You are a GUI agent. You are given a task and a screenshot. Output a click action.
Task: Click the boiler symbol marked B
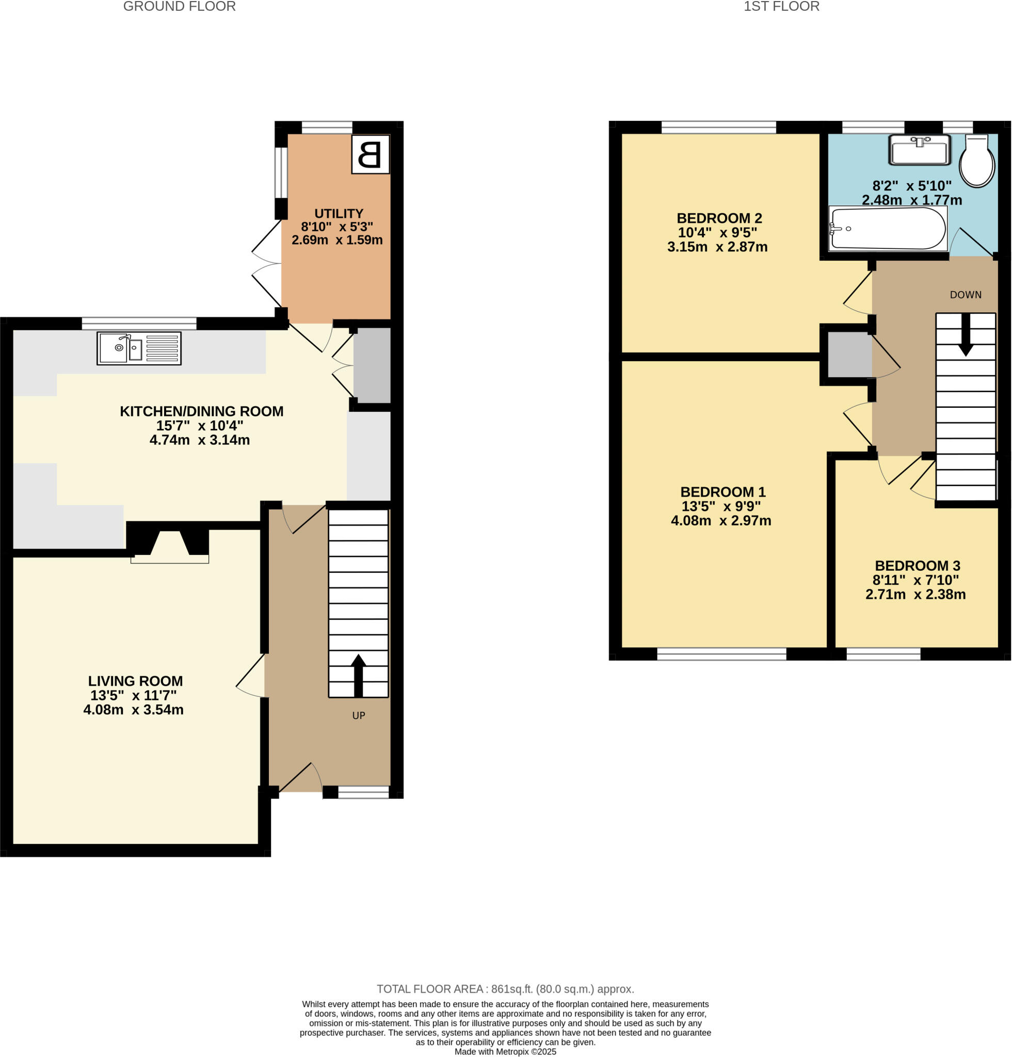pos(370,154)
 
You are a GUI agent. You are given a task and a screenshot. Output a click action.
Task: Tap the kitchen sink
pos(138,348)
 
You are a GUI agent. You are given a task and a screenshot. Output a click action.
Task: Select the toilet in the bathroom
pos(976,162)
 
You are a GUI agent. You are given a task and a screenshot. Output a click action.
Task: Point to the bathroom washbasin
pos(919,150)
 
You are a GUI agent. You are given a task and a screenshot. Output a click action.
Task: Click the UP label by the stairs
pos(359,716)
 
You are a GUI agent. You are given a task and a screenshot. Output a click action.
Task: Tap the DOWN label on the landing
pos(965,295)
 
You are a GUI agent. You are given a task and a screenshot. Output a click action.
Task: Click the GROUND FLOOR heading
pos(179,7)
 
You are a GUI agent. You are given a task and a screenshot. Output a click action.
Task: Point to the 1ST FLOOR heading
pos(781,7)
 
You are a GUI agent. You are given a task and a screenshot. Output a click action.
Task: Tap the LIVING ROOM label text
pos(135,681)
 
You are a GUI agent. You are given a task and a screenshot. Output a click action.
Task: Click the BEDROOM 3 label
pos(917,566)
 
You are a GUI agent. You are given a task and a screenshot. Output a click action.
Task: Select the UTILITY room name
pos(339,214)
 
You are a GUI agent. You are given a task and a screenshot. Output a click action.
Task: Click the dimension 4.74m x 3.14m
pos(200,440)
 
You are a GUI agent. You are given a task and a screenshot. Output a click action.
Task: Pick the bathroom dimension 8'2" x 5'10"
pos(912,186)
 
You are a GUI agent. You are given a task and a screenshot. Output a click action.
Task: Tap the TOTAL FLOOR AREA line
pos(505,989)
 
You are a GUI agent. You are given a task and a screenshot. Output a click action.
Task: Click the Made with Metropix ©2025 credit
pos(505,1052)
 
